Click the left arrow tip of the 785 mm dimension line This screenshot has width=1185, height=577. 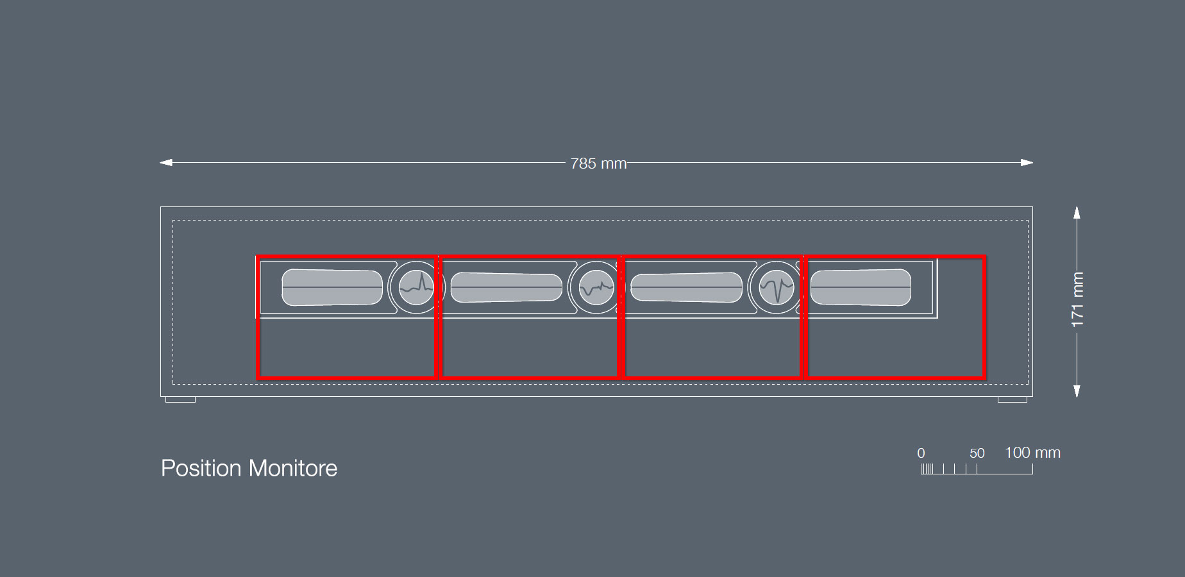click(x=160, y=163)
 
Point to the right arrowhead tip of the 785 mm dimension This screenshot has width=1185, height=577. click(x=1033, y=163)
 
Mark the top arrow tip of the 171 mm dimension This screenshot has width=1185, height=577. click(x=1077, y=206)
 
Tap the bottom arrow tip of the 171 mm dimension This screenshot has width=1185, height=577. click(x=1077, y=397)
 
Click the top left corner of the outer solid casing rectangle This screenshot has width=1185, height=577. click(x=161, y=207)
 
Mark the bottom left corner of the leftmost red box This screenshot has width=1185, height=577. click(x=258, y=379)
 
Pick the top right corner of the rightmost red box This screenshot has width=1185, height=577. click(x=984, y=256)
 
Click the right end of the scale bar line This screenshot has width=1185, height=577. click(x=1032, y=474)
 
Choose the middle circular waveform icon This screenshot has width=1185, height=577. click(x=596, y=288)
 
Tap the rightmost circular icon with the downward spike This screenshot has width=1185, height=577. click(x=777, y=288)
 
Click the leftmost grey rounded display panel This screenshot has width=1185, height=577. click(x=332, y=287)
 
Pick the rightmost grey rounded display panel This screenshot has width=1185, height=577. click(x=861, y=287)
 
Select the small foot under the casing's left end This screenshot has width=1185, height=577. click(x=180, y=399)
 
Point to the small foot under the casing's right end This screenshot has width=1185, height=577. click(x=1013, y=399)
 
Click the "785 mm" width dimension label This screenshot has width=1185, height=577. click(x=598, y=163)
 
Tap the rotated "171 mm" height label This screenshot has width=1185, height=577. click(x=1077, y=299)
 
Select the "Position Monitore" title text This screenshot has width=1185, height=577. click(x=249, y=468)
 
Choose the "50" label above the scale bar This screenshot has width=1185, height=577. click(x=977, y=453)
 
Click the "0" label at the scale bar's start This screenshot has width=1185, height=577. click(x=921, y=453)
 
